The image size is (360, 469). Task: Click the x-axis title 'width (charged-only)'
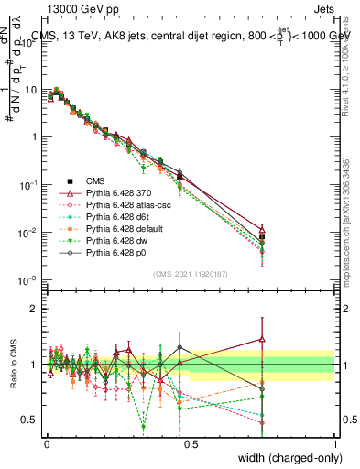point(287,459)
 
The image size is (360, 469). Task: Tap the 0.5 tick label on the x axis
point(189,444)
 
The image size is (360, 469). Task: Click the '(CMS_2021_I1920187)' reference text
point(189,272)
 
